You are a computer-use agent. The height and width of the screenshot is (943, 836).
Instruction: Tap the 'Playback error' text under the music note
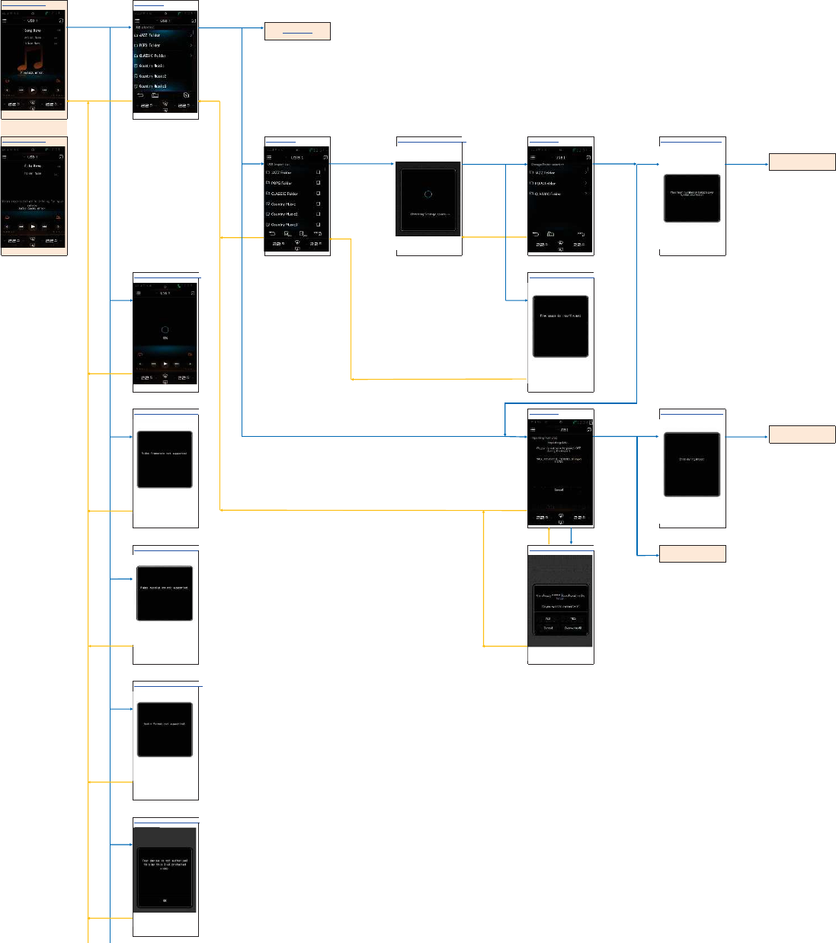pos(32,73)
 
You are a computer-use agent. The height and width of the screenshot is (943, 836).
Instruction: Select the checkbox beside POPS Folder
pos(318,183)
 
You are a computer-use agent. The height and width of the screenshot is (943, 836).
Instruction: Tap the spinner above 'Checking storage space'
pos(428,194)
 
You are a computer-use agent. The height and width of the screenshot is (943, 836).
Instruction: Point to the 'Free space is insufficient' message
pos(560,316)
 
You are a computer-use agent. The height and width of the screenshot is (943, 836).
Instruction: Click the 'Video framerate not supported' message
pos(165,454)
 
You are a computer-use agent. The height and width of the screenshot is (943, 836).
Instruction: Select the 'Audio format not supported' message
pos(165,724)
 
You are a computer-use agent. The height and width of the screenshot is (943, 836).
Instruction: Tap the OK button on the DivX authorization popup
pos(165,900)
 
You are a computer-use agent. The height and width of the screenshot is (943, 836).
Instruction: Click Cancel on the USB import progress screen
pos(559,490)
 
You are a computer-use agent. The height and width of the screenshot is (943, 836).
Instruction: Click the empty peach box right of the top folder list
pos(297,31)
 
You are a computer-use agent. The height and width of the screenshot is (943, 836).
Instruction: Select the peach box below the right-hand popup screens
pos(692,554)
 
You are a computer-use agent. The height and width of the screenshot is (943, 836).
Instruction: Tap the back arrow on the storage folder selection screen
pos(535,234)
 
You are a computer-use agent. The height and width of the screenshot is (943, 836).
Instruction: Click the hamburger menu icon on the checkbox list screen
pos(269,157)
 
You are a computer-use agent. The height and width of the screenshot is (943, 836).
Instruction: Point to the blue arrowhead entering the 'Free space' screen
pos(525,300)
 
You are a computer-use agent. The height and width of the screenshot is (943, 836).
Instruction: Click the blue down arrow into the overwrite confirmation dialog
pos(571,542)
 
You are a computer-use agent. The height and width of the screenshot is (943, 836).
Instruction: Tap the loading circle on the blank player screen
pos(165,330)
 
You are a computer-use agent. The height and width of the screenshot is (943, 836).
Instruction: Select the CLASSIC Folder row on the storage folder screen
pos(560,194)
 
